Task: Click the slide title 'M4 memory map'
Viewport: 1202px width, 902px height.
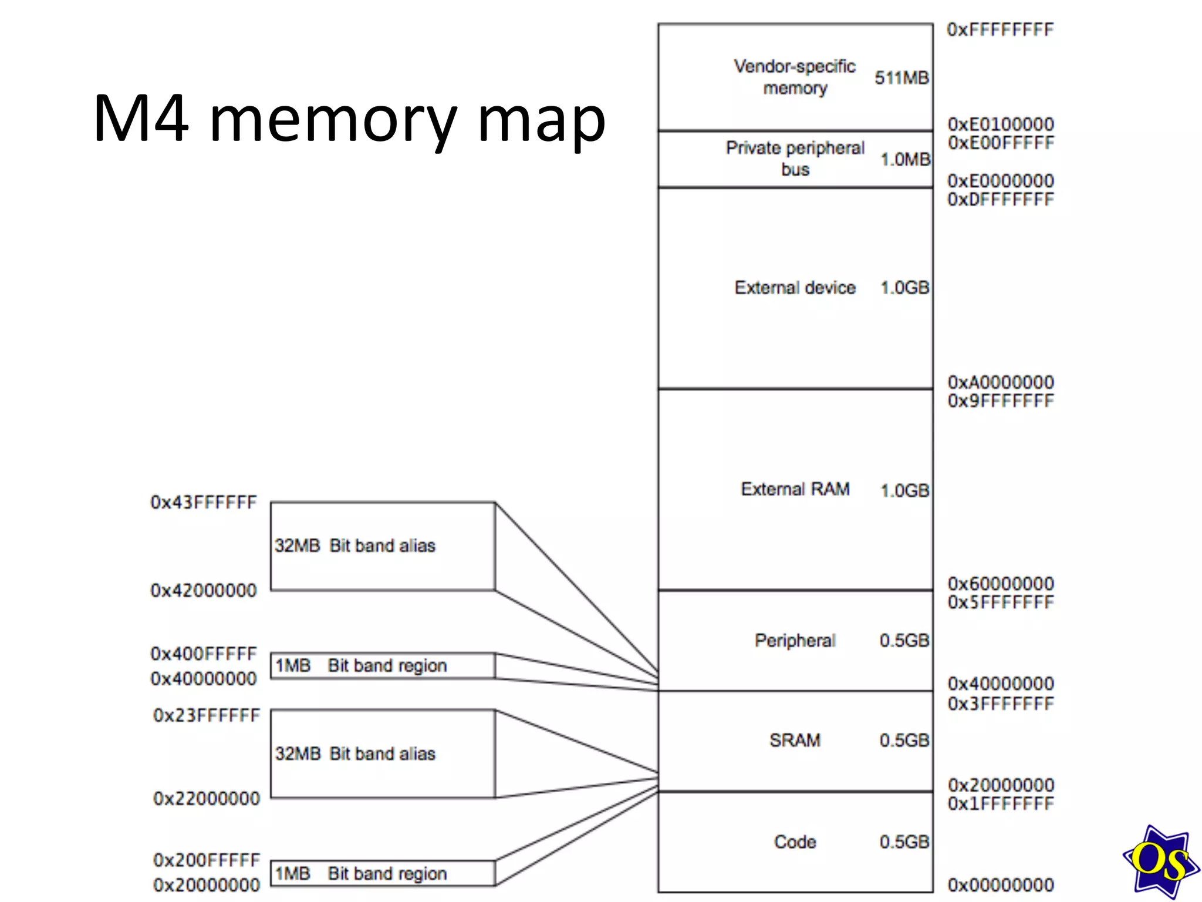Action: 349,119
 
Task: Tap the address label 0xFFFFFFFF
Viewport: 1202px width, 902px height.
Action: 1000,30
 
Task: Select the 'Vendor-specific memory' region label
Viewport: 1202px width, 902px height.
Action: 795,77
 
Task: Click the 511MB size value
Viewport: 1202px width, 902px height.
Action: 901,78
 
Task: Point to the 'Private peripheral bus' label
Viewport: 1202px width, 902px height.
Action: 795,159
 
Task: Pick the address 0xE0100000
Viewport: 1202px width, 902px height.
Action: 1000,124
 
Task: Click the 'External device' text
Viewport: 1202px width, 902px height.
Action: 795,288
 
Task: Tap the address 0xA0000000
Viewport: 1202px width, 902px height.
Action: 1000,382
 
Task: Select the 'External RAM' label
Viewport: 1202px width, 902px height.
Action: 795,489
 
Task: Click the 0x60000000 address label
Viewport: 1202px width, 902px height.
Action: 1000,584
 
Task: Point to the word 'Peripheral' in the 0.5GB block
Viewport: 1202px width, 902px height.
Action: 795,641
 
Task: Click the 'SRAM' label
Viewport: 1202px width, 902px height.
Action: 795,741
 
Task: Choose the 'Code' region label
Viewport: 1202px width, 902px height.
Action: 795,842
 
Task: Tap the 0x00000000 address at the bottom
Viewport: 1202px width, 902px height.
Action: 1000,885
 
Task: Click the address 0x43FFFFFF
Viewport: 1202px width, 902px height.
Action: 204,503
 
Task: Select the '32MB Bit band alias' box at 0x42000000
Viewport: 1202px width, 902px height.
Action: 382,546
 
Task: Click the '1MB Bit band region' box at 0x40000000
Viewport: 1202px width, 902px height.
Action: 382,666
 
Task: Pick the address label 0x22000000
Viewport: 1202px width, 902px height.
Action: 206,799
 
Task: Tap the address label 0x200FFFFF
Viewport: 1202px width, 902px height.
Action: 206,860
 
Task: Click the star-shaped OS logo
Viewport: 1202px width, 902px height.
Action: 1160,861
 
